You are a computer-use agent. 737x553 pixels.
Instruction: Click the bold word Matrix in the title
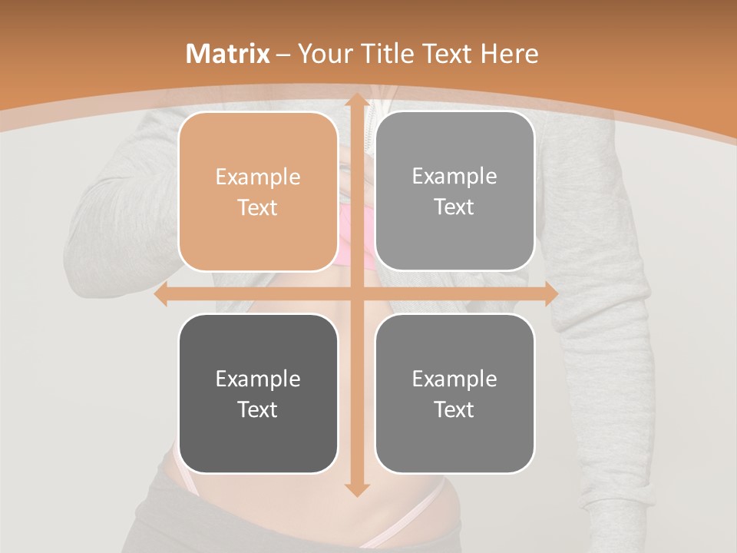click(x=228, y=54)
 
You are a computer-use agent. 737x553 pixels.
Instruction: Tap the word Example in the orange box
click(x=258, y=177)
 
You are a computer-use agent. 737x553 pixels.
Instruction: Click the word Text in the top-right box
click(x=454, y=207)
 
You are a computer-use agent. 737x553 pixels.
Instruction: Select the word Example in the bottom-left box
click(x=258, y=379)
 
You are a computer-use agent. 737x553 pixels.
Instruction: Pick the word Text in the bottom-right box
click(x=454, y=409)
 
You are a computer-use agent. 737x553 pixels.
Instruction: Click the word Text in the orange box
click(x=258, y=207)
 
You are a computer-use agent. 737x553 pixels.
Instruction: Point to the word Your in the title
click(x=323, y=54)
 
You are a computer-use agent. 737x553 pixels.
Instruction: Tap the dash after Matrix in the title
click(x=283, y=55)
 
